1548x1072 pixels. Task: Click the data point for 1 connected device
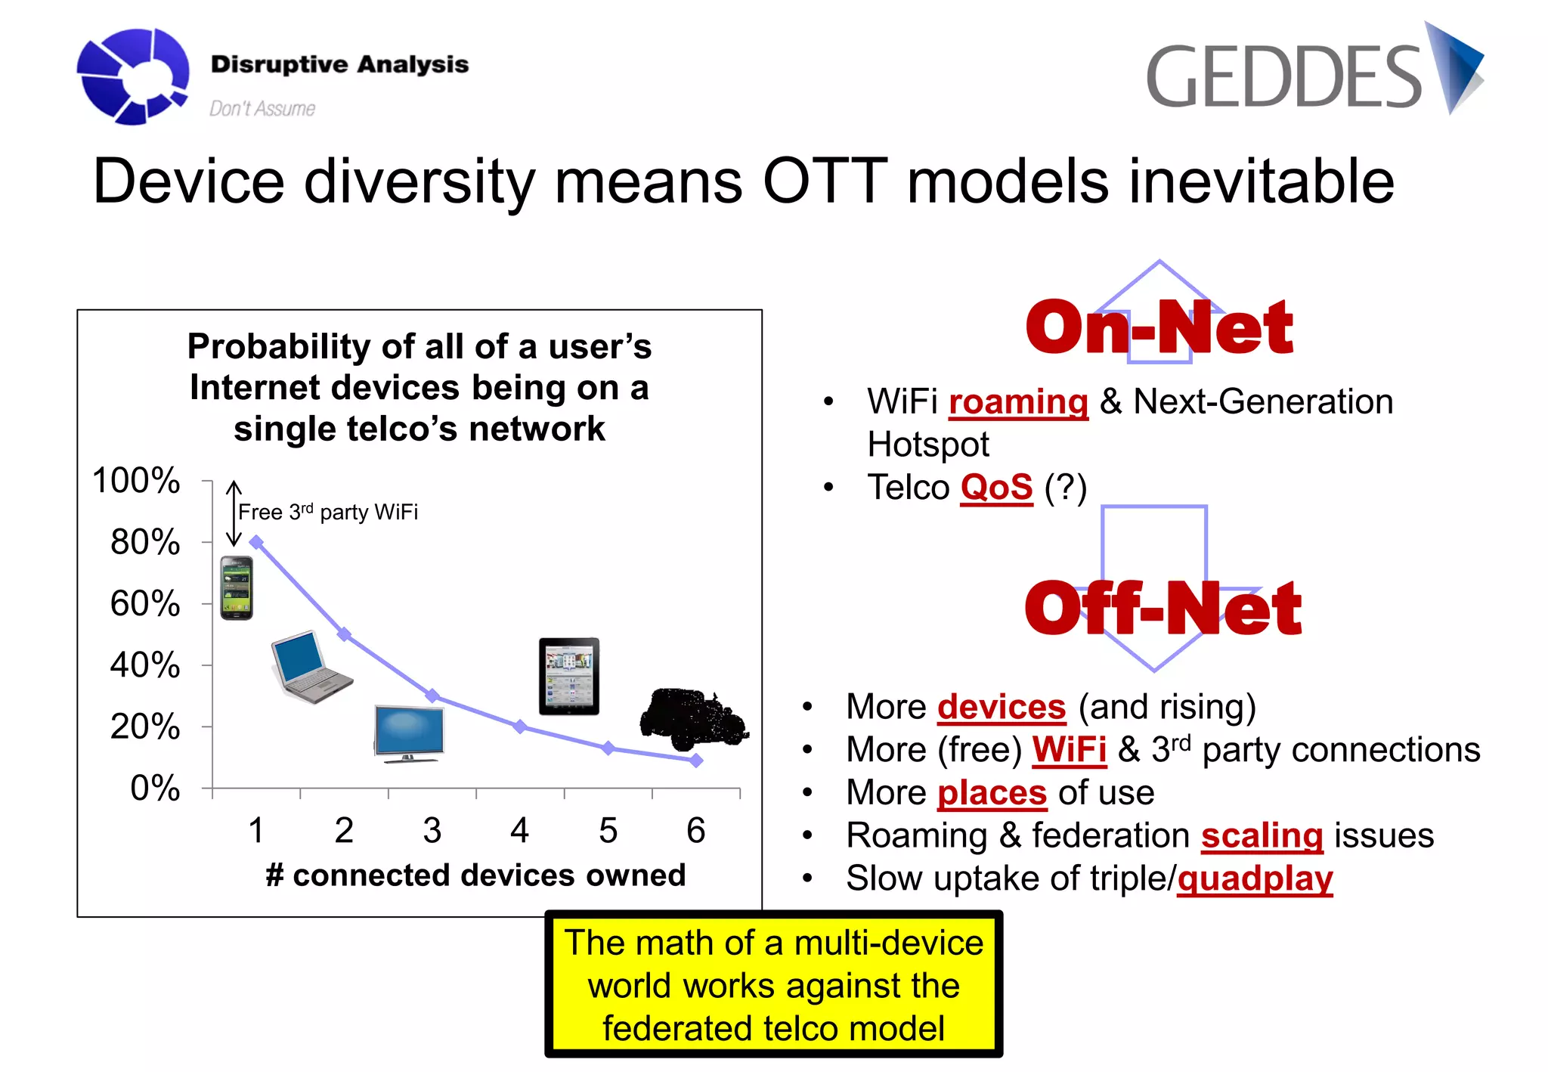point(256,542)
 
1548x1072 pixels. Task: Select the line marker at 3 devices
point(432,696)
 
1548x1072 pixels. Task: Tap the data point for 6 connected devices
point(696,761)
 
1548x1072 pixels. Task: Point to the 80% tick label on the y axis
point(145,542)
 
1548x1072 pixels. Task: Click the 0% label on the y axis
point(155,788)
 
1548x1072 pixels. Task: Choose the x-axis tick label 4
point(519,830)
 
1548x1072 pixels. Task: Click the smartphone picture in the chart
point(237,588)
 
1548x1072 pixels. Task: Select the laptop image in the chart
point(311,666)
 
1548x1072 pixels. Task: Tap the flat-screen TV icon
point(409,734)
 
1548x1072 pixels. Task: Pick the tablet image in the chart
point(569,677)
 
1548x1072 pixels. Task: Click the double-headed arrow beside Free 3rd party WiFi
point(234,513)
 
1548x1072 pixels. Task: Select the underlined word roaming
point(1018,402)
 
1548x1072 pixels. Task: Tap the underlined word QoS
point(996,488)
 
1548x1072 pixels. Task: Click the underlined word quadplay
point(1255,879)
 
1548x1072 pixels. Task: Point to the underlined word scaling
point(1262,836)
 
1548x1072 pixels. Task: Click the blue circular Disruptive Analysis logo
point(133,76)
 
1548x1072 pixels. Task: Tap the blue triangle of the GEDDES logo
point(1454,67)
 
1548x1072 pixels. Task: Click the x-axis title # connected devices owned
point(476,875)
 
